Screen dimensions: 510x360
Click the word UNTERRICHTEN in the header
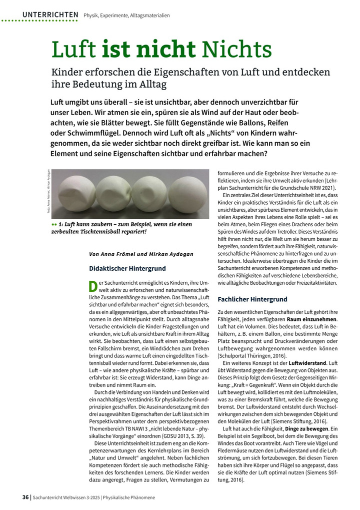tap(50, 15)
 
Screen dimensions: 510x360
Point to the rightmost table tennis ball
tap(184, 192)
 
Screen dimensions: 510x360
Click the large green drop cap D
tap(92, 286)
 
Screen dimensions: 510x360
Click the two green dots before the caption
tap(54, 225)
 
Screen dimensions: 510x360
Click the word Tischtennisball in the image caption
tap(120, 232)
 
